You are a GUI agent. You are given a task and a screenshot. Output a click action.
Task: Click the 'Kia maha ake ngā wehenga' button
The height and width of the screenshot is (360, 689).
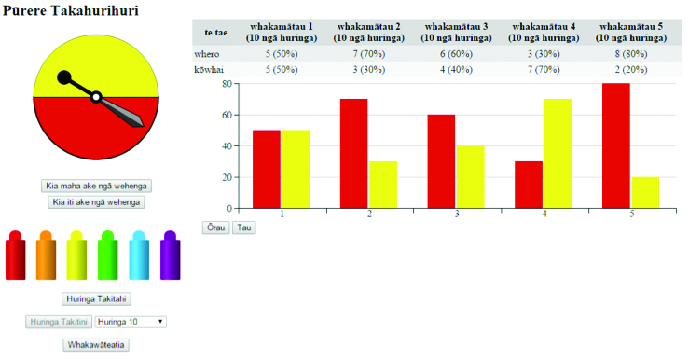tap(96, 186)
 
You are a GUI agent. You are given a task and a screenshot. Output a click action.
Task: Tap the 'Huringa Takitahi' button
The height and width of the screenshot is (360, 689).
tap(96, 298)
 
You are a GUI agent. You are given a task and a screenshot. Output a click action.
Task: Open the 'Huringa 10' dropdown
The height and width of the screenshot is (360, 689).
tap(131, 322)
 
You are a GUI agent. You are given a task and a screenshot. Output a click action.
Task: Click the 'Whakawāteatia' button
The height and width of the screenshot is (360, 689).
tap(96, 345)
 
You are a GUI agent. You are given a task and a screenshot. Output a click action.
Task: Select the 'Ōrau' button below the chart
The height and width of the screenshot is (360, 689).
tap(215, 228)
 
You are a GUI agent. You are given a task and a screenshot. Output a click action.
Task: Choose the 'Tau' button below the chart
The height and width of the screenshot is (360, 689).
tap(244, 228)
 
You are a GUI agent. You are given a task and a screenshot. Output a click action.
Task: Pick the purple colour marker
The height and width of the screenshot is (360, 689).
tap(170, 255)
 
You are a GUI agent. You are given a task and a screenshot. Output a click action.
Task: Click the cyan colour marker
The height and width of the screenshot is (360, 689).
tap(139, 255)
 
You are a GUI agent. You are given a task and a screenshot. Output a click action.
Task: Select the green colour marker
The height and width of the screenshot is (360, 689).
tap(107, 255)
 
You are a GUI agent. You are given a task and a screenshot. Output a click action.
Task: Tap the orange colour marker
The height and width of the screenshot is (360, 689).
tap(46, 255)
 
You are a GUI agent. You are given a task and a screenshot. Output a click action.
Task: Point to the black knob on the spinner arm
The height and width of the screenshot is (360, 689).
tap(64, 77)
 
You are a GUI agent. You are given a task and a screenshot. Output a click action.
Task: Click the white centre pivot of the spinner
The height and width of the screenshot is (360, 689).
tap(96, 97)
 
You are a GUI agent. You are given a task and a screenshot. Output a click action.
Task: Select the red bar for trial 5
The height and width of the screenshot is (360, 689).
tap(616, 145)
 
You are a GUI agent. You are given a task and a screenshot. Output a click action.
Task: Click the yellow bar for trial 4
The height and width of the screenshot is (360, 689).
tap(558, 153)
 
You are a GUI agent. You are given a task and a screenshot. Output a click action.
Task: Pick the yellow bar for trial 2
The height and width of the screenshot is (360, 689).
tap(383, 185)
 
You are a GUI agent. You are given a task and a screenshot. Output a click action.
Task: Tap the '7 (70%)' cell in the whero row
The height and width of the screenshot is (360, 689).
tap(368, 54)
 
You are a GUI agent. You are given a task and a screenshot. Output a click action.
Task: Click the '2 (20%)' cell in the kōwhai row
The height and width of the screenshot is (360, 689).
tap(631, 69)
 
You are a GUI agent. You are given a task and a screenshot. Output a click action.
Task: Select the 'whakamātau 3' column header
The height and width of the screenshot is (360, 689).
tap(456, 32)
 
